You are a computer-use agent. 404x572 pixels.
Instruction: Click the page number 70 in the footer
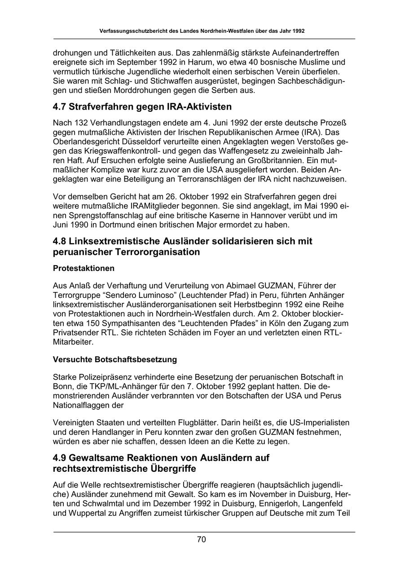coord(202,540)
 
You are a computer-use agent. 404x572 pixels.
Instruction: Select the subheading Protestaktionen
coord(83,268)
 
